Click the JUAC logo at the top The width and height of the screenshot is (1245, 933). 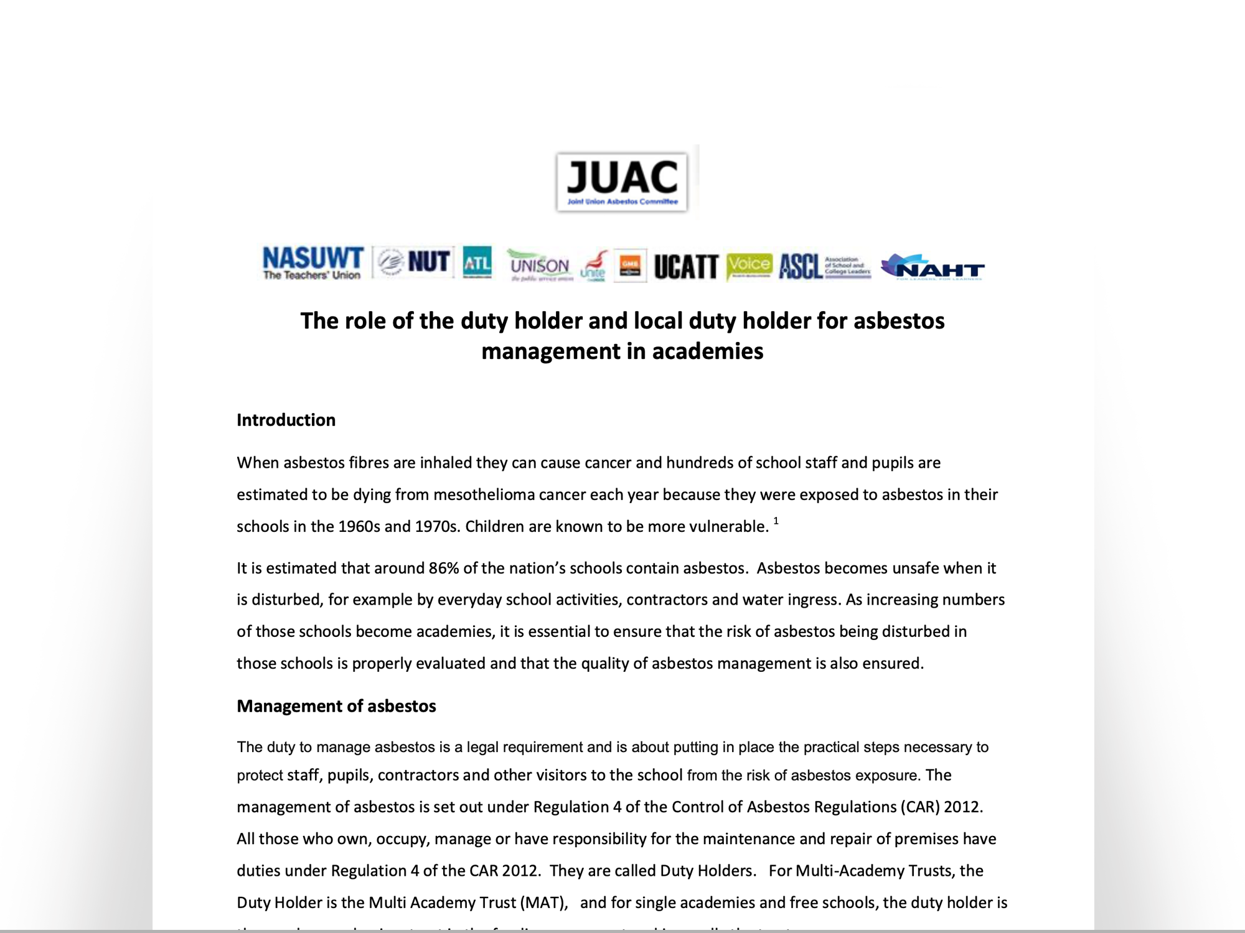tap(622, 182)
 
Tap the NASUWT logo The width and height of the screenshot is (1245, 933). tap(312, 263)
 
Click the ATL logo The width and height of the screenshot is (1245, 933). tap(477, 263)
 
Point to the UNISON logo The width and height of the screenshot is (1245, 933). tap(539, 266)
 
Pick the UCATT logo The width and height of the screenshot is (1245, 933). tap(686, 267)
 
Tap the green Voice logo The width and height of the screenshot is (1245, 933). tap(749, 266)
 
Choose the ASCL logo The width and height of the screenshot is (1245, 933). tap(801, 267)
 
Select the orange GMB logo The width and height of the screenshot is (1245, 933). tap(629, 266)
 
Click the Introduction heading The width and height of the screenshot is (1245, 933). tap(286, 420)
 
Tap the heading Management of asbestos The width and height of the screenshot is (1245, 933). tap(336, 706)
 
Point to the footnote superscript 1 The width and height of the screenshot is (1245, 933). tap(776, 521)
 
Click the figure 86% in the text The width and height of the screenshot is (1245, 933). tap(444, 568)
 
